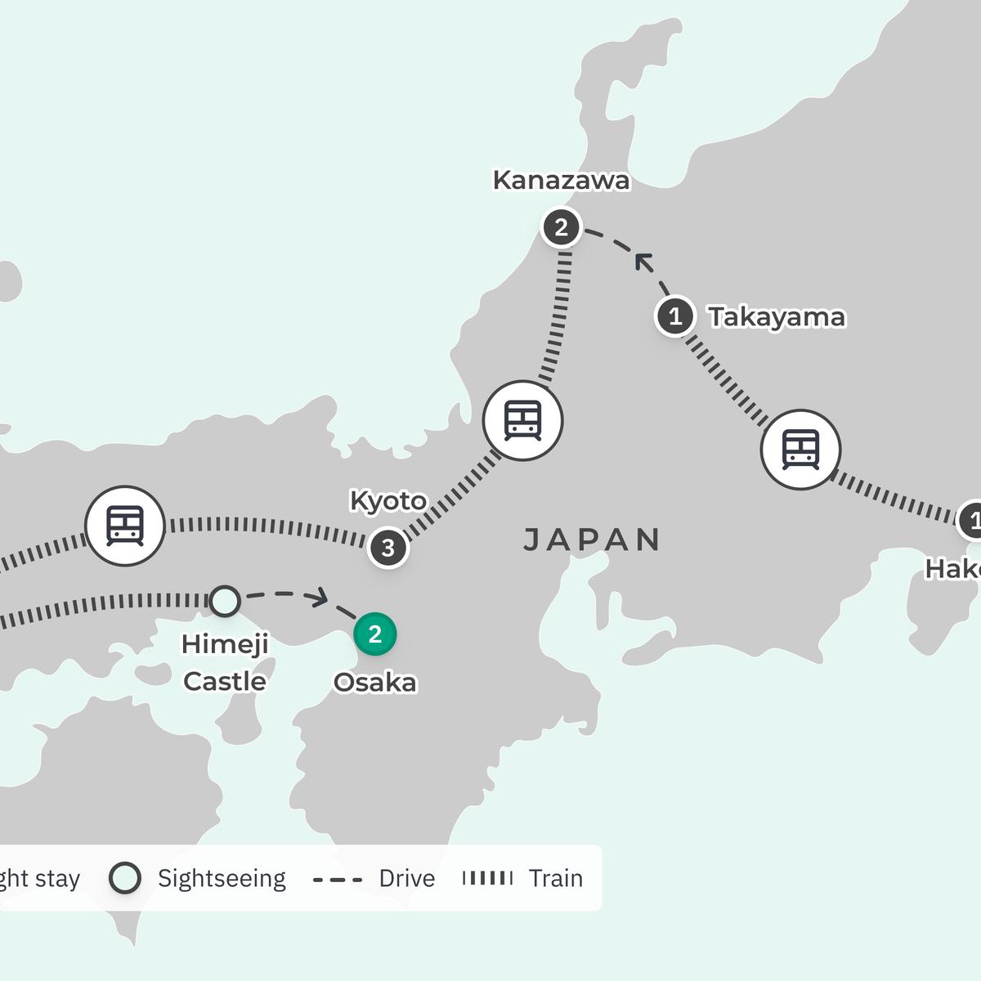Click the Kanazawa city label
561,181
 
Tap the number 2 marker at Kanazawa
561,227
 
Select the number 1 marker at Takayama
675,316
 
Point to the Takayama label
776,317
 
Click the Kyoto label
387,500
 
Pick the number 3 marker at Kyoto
387,548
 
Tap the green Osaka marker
375,634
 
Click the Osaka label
375,682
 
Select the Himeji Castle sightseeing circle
225,600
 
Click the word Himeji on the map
225,644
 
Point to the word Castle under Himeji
225,681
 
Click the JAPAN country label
591,540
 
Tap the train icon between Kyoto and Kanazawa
522,420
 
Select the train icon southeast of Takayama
800,450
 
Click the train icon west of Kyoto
125,526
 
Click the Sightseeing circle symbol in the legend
125,878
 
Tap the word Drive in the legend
406,878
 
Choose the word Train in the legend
555,878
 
